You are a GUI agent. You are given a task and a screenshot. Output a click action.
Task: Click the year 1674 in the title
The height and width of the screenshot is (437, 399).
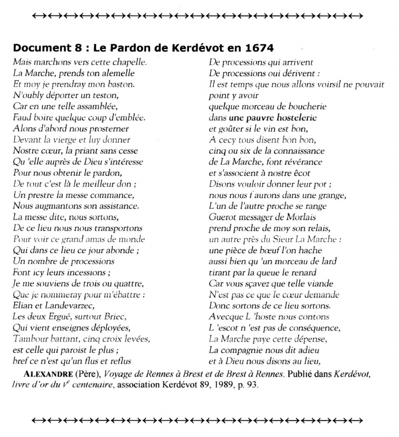[260, 48]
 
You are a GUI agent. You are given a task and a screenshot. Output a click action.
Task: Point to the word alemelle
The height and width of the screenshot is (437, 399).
[117, 72]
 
